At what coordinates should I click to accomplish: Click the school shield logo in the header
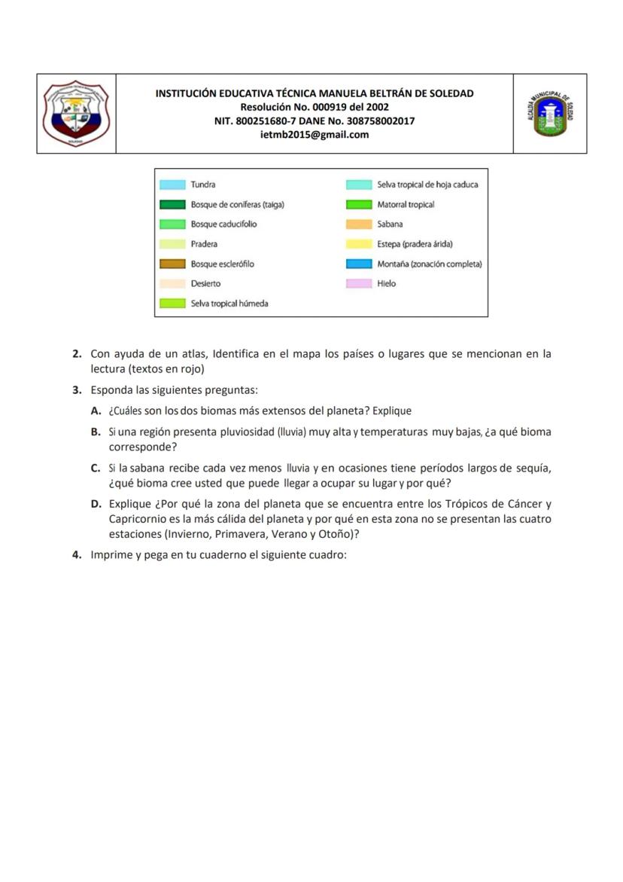point(76,114)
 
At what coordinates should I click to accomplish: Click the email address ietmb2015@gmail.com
point(315,135)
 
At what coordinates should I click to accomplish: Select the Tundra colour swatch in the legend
point(172,185)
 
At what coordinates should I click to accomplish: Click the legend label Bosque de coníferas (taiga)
point(237,204)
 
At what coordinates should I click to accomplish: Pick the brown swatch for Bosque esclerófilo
point(172,264)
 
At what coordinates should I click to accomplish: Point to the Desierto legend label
point(205,284)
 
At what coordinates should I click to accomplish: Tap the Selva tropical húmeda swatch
point(172,304)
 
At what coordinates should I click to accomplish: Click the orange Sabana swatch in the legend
point(359,224)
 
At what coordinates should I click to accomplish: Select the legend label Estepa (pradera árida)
point(415,244)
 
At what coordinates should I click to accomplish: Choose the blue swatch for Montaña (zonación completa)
point(359,264)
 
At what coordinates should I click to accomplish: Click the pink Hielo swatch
point(359,284)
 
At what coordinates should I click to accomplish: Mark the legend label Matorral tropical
point(406,204)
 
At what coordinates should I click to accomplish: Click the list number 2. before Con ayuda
point(77,353)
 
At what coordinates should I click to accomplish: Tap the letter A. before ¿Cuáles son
point(96,410)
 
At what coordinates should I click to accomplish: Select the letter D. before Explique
point(96,504)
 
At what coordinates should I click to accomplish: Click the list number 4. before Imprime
point(77,555)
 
